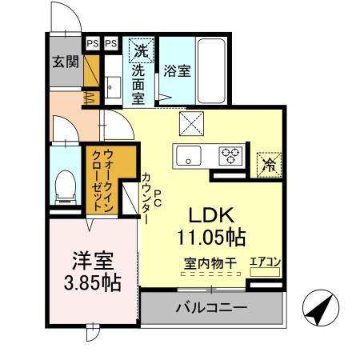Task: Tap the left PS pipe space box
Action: [x=92, y=43]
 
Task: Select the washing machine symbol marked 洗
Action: [x=141, y=50]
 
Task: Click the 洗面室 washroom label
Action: [x=138, y=81]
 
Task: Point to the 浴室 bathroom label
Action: [x=177, y=70]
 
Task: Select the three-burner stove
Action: [x=232, y=155]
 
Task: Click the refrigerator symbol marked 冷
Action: [x=270, y=165]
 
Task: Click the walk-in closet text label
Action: [x=101, y=181]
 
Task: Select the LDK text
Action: [x=212, y=215]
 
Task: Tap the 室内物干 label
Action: [x=211, y=262]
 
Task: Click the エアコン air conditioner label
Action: [x=264, y=261]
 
